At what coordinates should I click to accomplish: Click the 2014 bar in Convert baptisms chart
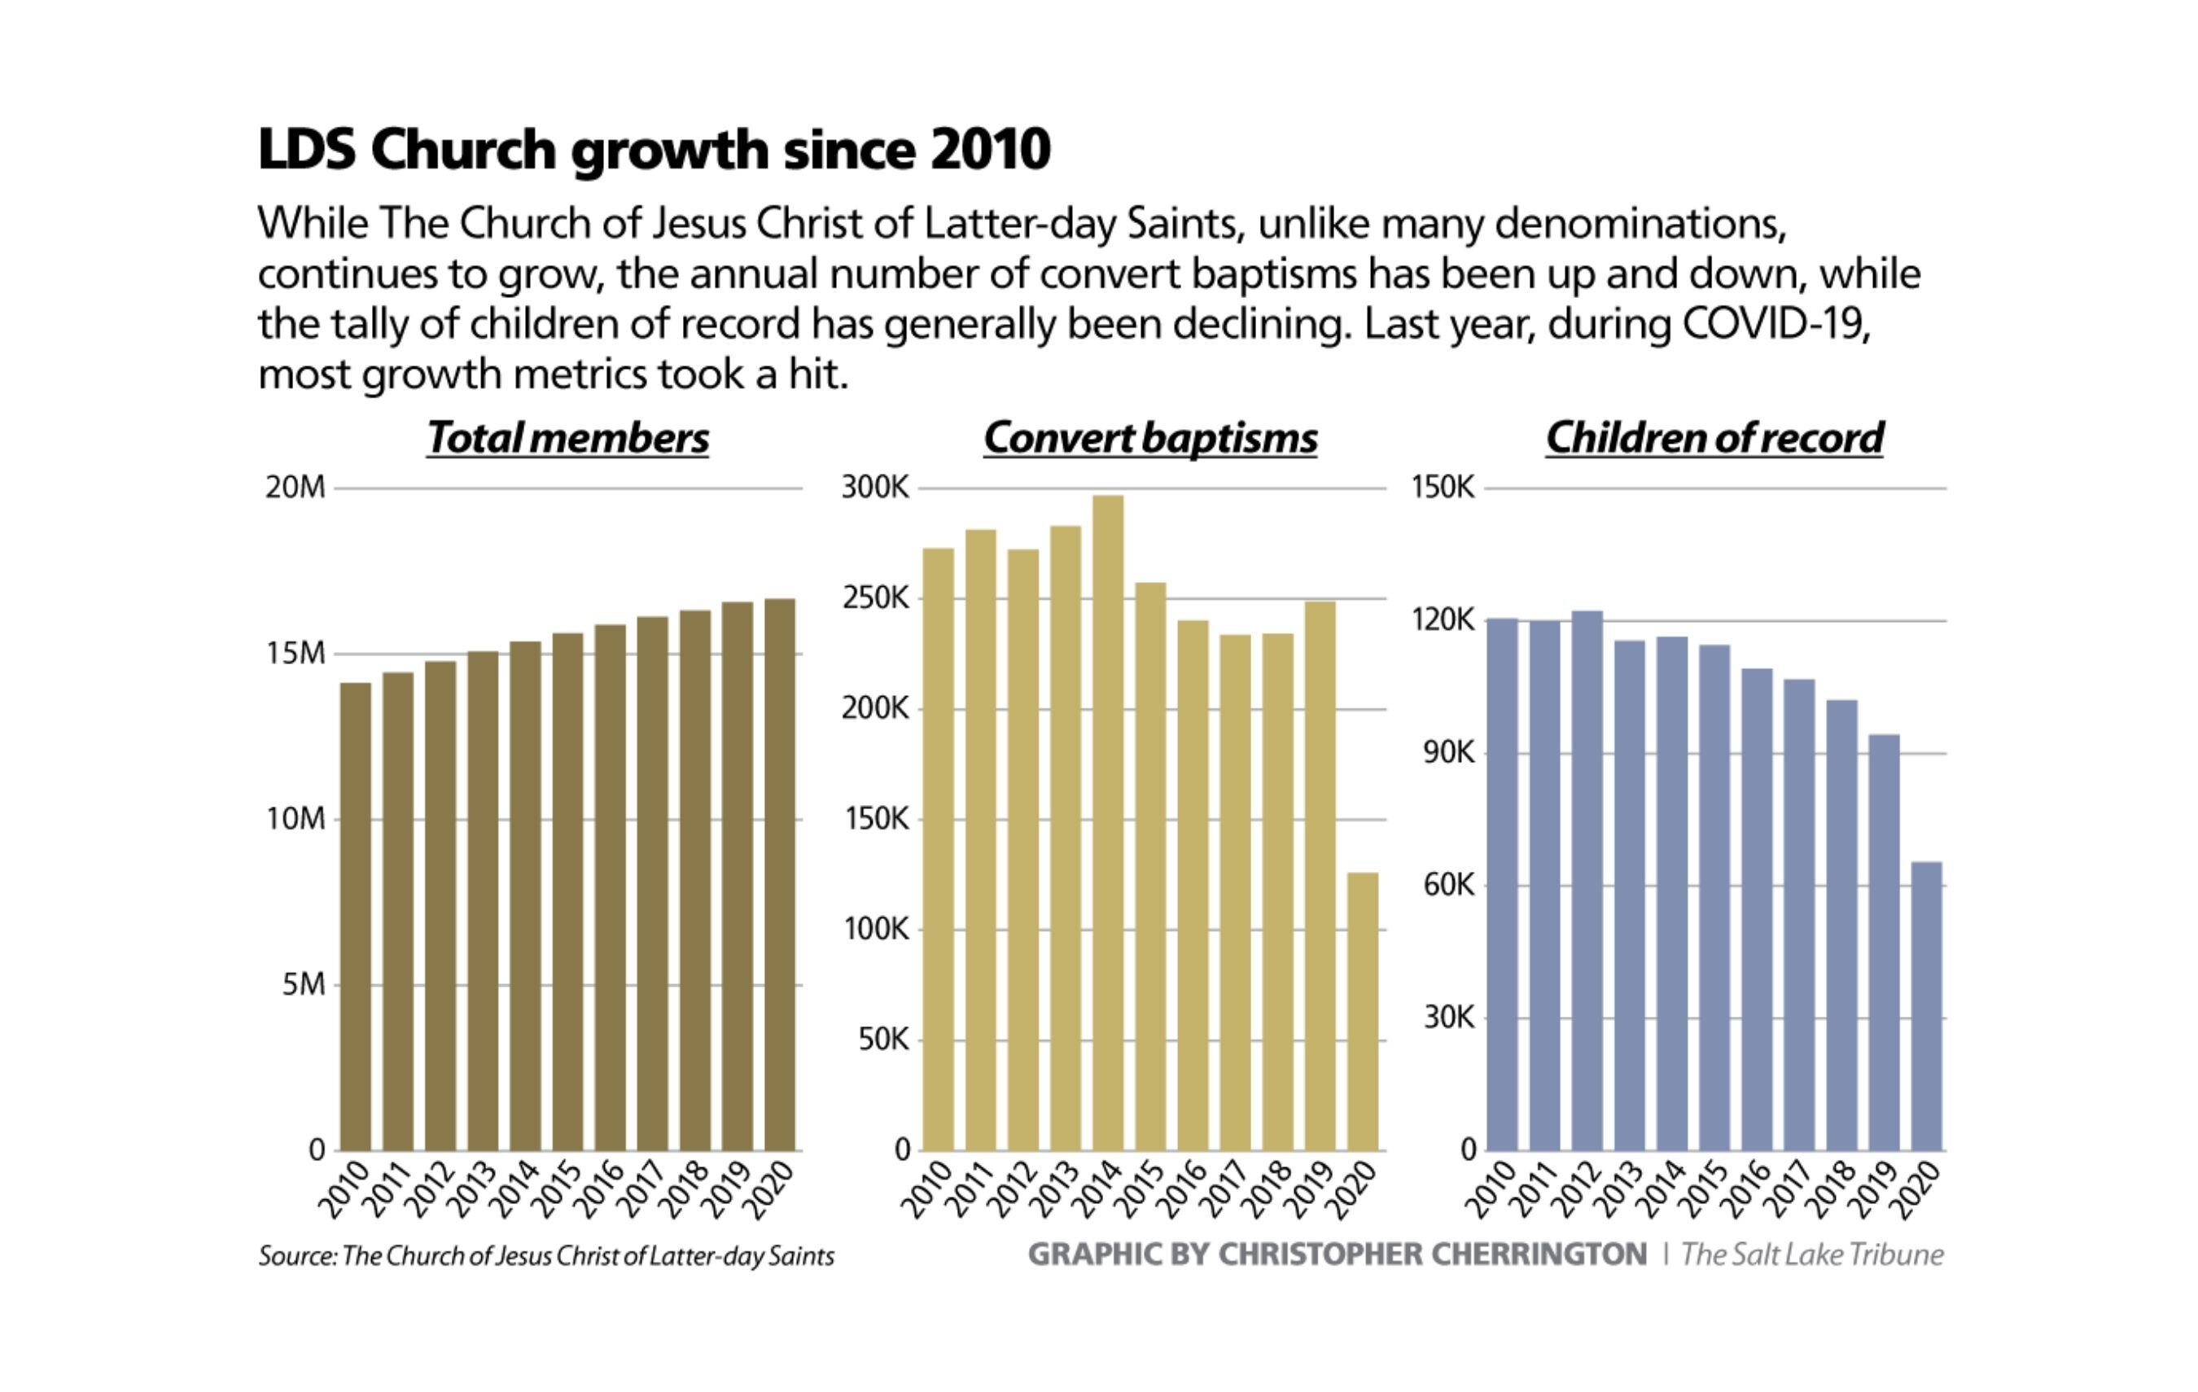(x=1107, y=821)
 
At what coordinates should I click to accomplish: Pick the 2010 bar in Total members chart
(x=355, y=917)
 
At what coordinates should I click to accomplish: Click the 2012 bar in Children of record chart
(x=1587, y=881)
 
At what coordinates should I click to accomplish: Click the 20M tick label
(x=295, y=488)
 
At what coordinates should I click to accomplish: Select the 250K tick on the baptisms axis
(x=875, y=599)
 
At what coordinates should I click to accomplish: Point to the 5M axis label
(x=303, y=985)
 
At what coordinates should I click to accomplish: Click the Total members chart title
(x=567, y=438)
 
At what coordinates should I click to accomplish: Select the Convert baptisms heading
(x=1150, y=438)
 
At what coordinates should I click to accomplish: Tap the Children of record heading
(x=1714, y=438)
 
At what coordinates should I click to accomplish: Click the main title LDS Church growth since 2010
(x=654, y=149)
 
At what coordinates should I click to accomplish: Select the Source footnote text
(x=546, y=1256)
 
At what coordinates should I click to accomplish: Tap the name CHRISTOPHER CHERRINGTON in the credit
(x=1433, y=1254)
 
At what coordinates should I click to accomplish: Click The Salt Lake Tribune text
(x=1812, y=1254)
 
